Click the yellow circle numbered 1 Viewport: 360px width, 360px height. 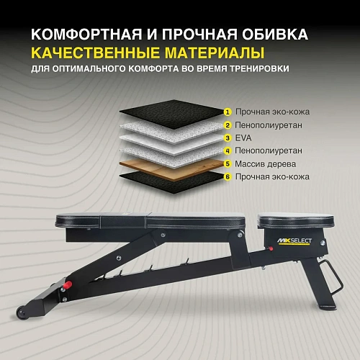pos(228,112)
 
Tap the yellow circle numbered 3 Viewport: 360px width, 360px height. pos(228,138)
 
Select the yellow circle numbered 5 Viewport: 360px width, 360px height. pos(228,163)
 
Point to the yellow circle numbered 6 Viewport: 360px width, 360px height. pos(228,176)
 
